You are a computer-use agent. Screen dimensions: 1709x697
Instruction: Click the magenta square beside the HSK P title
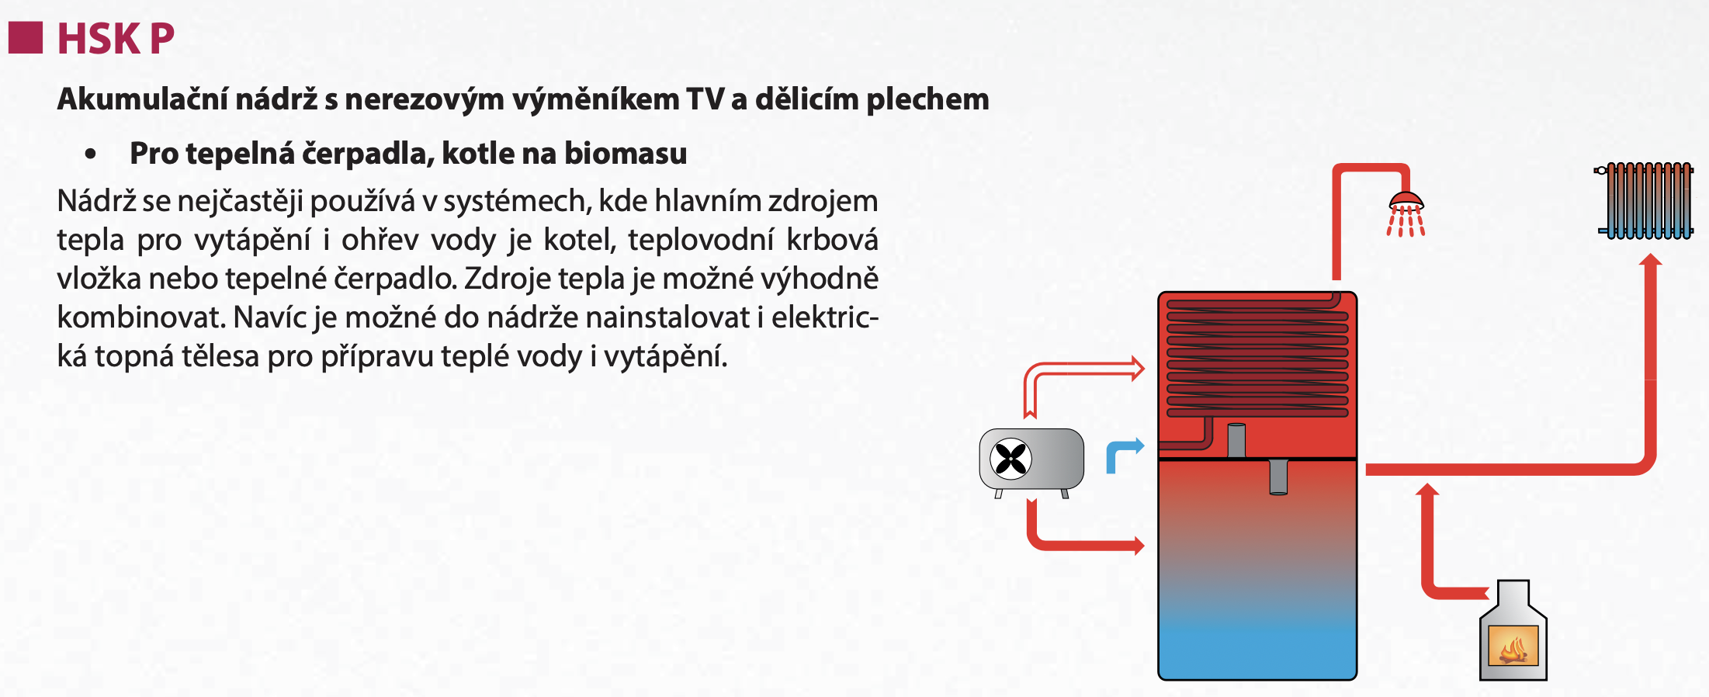26,37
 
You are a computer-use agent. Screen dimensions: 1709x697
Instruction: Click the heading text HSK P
116,38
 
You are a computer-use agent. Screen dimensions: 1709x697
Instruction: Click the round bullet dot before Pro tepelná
91,154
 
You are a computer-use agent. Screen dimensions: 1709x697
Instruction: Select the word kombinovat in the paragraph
140,317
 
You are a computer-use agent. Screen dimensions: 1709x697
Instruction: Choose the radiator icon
1645,200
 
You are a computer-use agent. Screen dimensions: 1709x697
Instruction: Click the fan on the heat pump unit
1011,459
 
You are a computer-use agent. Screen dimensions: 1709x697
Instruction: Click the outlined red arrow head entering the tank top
1139,368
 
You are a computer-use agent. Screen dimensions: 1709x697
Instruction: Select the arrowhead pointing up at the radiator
1650,260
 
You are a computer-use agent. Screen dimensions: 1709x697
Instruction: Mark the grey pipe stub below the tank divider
1278,477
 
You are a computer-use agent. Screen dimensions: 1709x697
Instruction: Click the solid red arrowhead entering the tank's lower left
1139,546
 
